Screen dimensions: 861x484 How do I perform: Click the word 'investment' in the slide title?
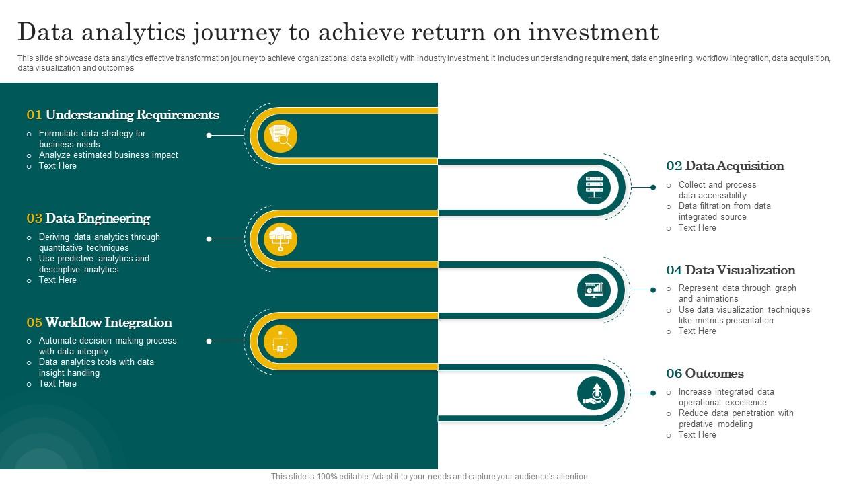tap(593, 32)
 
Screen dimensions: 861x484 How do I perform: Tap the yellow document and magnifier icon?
tap(280, 136)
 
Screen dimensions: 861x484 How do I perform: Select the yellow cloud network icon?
tap(280, 239)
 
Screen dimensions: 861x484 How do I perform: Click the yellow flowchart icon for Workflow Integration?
tap(280, 341)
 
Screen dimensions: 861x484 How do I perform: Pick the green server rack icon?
tap(594, 188)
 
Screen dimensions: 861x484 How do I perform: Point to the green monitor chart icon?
tap(594, 290)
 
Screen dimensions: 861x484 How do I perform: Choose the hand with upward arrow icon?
tap(594, 393)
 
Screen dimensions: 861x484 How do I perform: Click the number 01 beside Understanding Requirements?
tap(34, 115)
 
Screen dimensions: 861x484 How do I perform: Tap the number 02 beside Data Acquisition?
tap(674, 166)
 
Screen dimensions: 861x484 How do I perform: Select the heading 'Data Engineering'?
tap(98, 218)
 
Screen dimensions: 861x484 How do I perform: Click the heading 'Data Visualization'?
tap(741, 270)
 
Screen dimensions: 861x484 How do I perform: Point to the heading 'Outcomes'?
tap(714, 374)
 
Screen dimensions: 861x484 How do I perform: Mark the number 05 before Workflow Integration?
tap(34, 323)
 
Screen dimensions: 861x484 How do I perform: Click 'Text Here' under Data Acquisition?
tap(698, 228)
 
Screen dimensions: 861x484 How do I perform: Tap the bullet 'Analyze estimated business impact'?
tap(108, 155)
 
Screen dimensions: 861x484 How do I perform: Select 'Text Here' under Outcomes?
tap(698, 435)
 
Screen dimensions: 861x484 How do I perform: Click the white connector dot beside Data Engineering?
tap(209, 239)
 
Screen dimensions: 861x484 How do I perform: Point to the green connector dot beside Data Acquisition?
tap(653, 187)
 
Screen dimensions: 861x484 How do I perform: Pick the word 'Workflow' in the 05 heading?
tap(73, 323)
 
